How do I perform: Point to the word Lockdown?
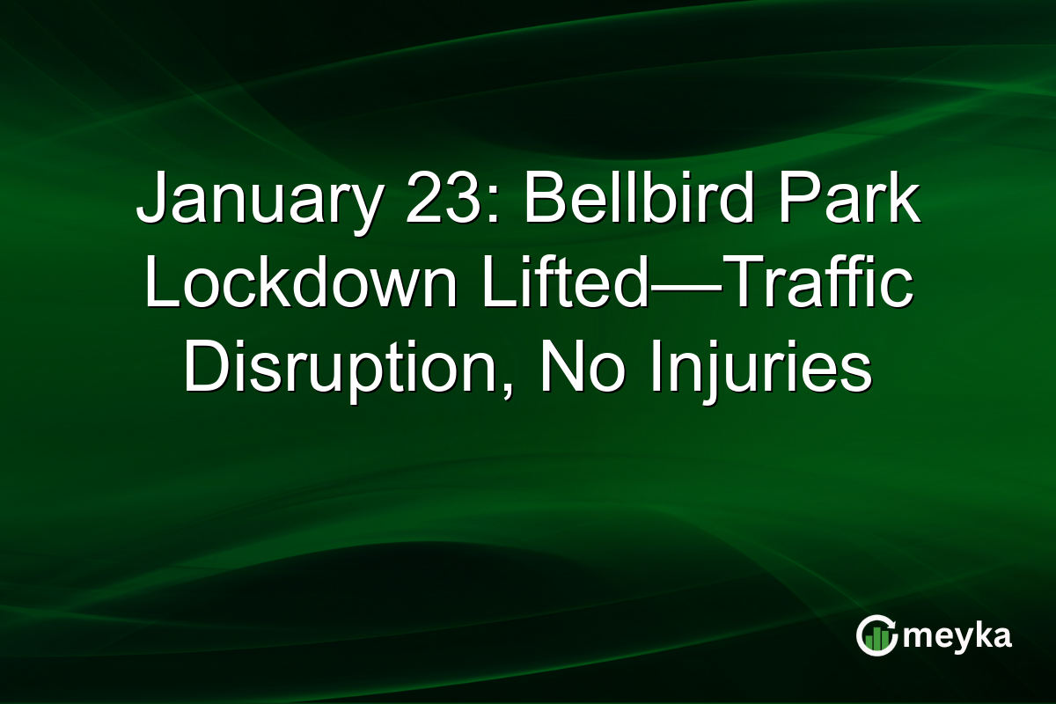coord(299,287)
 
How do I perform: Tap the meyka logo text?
coord(957,636)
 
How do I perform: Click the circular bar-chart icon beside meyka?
coord(876,635)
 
